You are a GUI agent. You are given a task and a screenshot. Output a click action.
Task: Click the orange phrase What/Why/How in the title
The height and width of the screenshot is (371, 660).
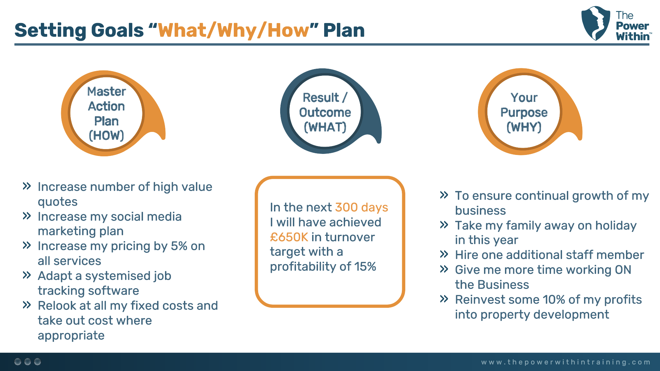coord(233,30)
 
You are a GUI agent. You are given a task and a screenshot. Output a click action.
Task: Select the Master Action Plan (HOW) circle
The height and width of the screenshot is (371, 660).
coord(106,113)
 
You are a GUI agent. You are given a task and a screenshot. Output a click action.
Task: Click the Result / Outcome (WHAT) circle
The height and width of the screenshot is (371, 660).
coord(325,112)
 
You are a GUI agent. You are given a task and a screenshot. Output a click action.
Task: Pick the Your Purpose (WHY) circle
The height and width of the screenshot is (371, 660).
coord(524,112)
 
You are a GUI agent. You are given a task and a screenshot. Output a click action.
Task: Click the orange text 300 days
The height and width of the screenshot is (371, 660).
coord(361,207)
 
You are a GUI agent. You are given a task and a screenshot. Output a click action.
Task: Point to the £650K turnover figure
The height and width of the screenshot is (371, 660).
coord(289,237)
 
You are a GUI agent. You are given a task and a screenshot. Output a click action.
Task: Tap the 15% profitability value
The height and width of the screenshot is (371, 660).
coord(365,267)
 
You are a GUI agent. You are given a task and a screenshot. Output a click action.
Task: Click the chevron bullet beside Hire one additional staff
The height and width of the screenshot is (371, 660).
coord(444,255)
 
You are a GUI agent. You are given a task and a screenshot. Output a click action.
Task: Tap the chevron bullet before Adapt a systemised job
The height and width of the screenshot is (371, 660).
coord(27,275)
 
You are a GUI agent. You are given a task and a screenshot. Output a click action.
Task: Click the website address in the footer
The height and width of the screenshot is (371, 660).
coord(565,362)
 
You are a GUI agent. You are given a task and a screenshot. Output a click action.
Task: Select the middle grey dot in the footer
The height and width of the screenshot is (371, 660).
coord(27,362)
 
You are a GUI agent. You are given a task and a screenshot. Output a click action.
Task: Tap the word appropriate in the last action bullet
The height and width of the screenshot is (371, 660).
coord(71,336)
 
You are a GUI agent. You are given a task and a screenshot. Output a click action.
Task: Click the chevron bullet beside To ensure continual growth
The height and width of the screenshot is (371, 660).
coord(444,195)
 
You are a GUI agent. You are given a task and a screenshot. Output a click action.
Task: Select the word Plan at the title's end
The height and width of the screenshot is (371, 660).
coord(344,30)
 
